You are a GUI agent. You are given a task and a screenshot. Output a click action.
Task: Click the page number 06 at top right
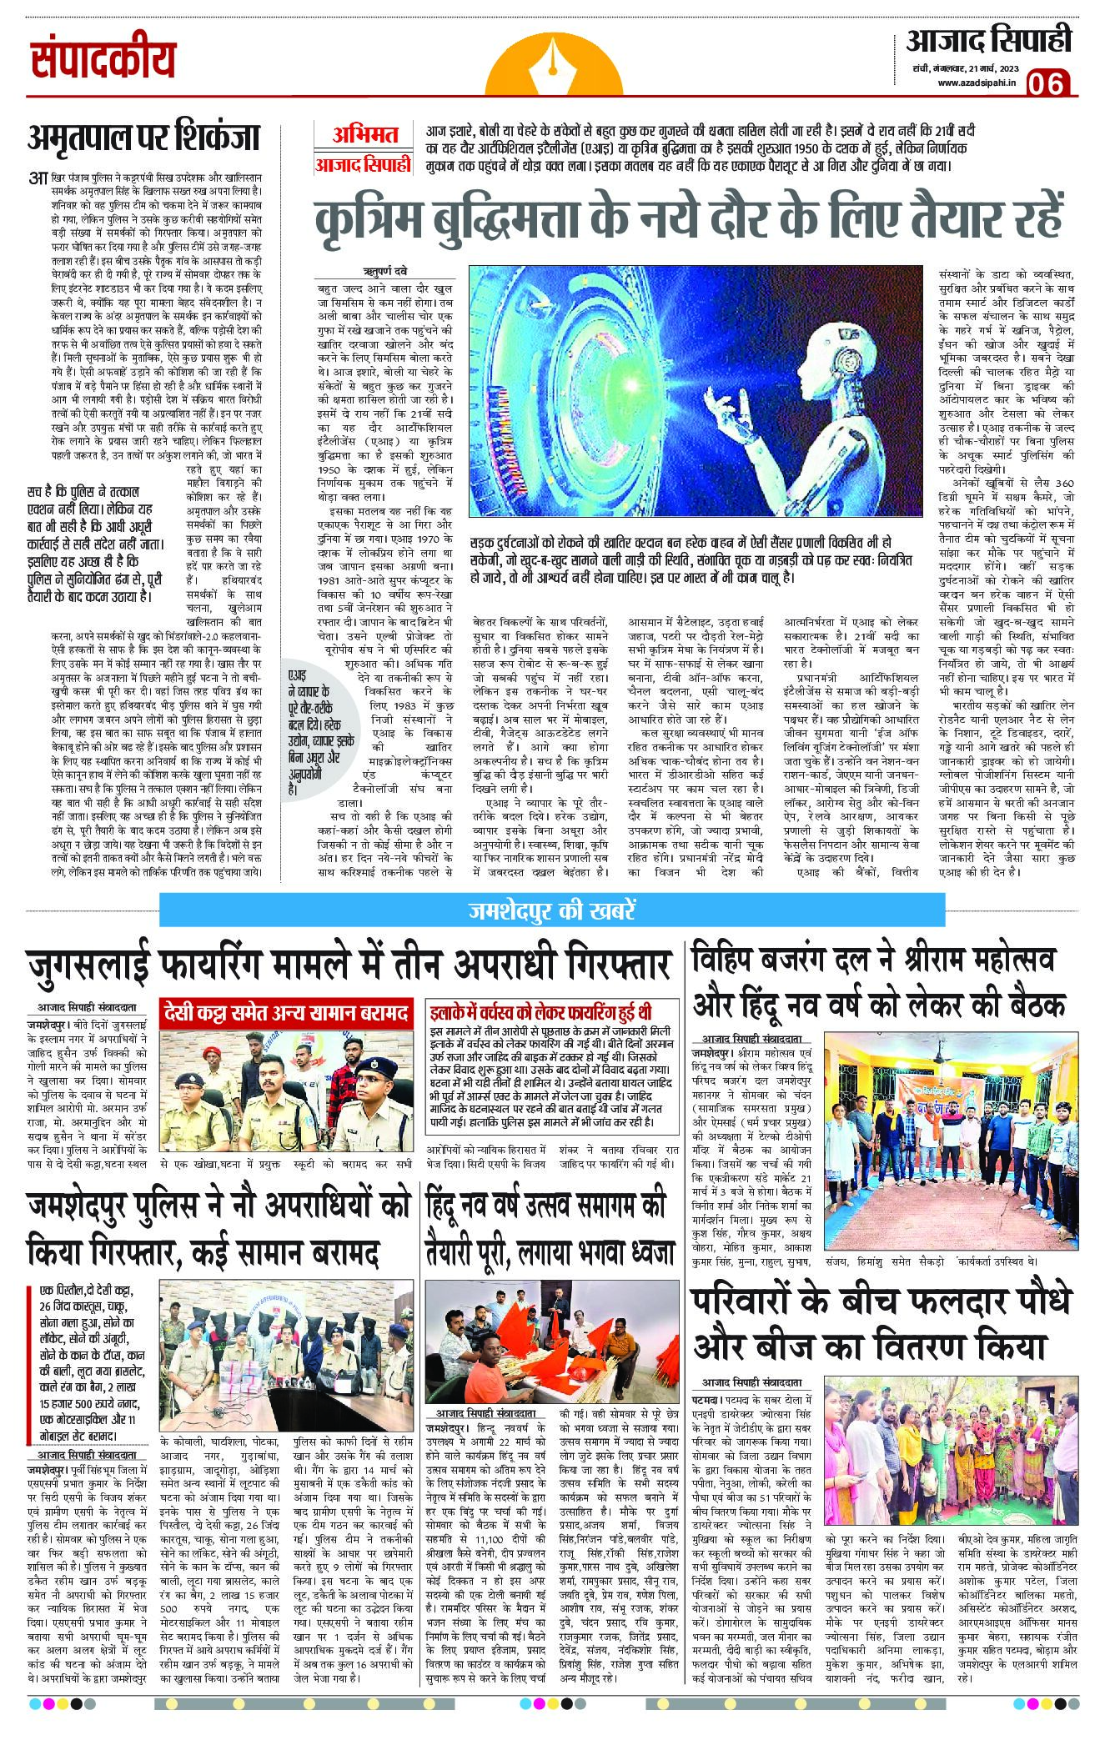point(1048,83)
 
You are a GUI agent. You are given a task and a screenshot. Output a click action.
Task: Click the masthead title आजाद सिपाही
point(989,40)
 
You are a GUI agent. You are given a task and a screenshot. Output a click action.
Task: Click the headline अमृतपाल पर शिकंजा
point(143,137)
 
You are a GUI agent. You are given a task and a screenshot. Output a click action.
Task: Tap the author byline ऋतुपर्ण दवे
point(384,272)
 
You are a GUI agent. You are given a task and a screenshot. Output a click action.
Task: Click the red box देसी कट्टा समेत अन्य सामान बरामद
point(286,1013)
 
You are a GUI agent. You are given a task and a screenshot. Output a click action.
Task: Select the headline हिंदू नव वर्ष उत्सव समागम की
point(546,1206)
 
